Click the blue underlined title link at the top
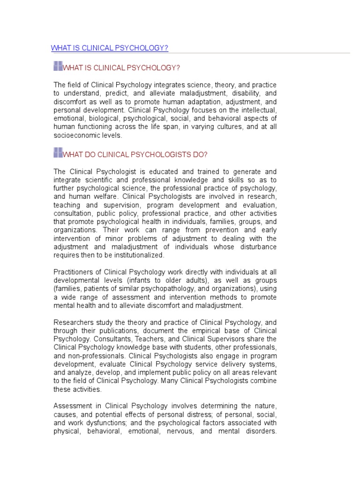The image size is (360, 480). tap(109, 48)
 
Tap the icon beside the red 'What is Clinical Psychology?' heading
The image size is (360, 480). tap(58, 66)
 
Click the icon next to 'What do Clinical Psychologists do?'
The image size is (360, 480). tap(58, 152)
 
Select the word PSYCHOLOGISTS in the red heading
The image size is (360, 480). tap(154, 154)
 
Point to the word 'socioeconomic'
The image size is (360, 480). tap(76, 135)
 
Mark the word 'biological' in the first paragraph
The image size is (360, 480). tap(104, 119)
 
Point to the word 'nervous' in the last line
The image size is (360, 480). tap(178, 432)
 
